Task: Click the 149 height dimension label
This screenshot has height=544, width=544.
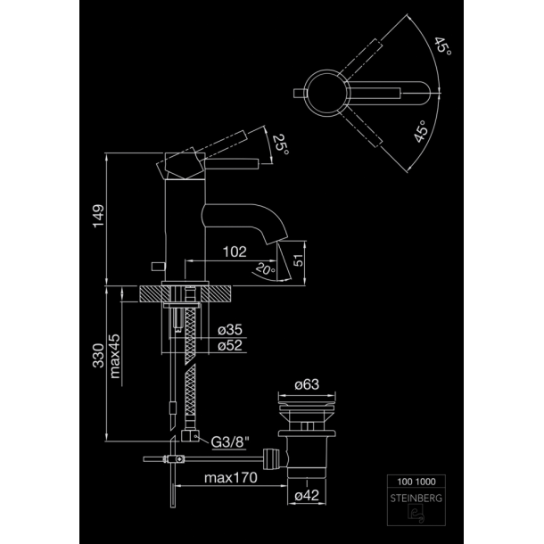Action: (98, 216)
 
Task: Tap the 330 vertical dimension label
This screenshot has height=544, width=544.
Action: (98, 356)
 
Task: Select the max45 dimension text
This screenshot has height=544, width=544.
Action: (115, 356)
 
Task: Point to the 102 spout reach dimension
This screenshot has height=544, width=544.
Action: (235, 251)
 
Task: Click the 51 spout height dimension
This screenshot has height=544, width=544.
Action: (299, 260)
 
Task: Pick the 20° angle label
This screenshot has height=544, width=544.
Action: (266, 268)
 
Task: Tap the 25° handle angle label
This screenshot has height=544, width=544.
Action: (280, 144)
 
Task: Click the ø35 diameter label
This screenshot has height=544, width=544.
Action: (230, 330)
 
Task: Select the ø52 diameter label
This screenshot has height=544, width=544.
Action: (230, 345)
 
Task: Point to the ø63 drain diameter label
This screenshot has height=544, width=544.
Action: (307, 384)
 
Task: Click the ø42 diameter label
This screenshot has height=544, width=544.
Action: (307, 496)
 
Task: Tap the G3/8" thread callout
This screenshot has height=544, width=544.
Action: (230, 442)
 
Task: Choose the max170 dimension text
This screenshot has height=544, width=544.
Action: (231, 478)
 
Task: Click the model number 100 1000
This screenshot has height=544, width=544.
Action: (416, 482)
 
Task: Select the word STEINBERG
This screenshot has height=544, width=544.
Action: (416, 499)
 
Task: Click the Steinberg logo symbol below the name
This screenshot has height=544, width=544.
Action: (416, 514)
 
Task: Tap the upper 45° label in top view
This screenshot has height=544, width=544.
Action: (442, 45)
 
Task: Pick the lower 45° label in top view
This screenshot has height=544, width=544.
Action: (422, 131)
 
